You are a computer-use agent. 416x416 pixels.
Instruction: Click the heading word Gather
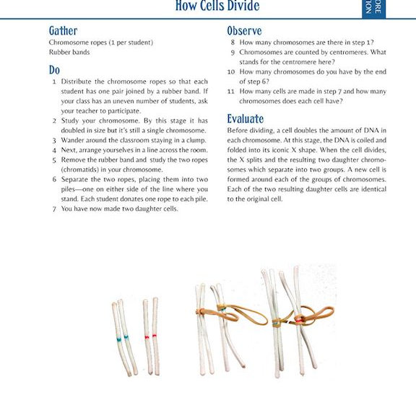click(x=63, y=30)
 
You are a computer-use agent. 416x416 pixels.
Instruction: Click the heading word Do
click(x=54, y=70)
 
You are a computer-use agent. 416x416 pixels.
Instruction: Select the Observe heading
click(x=244, y=30)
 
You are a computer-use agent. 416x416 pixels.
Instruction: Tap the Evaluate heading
click(x=246, y=118)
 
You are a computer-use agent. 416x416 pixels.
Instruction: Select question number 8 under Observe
click(x=233, y=43)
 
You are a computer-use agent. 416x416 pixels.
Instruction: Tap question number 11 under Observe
click(x=231, y=92)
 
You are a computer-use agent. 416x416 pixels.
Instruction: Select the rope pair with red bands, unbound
click(x=150, y=335)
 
